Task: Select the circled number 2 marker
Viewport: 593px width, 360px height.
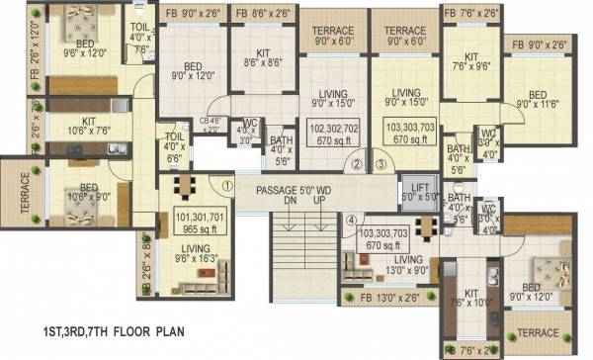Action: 360,166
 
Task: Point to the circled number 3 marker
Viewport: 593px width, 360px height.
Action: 381,166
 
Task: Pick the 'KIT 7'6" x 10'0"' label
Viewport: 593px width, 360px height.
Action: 471,299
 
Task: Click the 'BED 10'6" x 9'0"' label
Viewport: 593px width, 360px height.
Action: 89,191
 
